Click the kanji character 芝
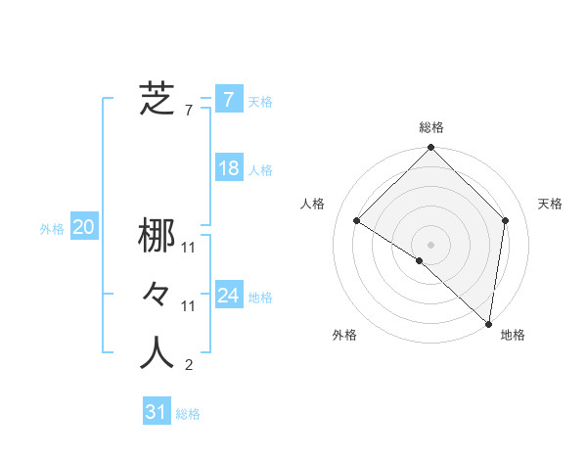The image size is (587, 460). tap(157, 99)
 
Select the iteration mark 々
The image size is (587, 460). tap(157, 295)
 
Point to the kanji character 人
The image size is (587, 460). tap(157, 353)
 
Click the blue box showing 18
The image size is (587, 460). tap(228, 168)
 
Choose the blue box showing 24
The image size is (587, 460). tap(228, 296)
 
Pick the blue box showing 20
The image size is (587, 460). tap(84, 228)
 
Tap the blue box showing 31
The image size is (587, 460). tap(157, 412)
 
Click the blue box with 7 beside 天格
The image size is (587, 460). tap(228, 99)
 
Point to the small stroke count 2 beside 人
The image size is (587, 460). tap(188, 366)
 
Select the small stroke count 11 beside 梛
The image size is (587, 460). tap(189, 249)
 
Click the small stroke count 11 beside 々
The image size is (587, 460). tap(189, 306)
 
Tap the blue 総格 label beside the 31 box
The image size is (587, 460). tap(188, 414)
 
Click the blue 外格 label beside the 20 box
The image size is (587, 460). tap(52, 229)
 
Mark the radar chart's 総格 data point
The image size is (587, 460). tap(430, 148)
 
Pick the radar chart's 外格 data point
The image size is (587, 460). tap(419, 260)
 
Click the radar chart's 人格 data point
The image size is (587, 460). tap(356, 220)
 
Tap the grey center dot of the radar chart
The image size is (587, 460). tap(430, 245)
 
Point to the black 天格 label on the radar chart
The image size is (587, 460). tap(550, 204)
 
